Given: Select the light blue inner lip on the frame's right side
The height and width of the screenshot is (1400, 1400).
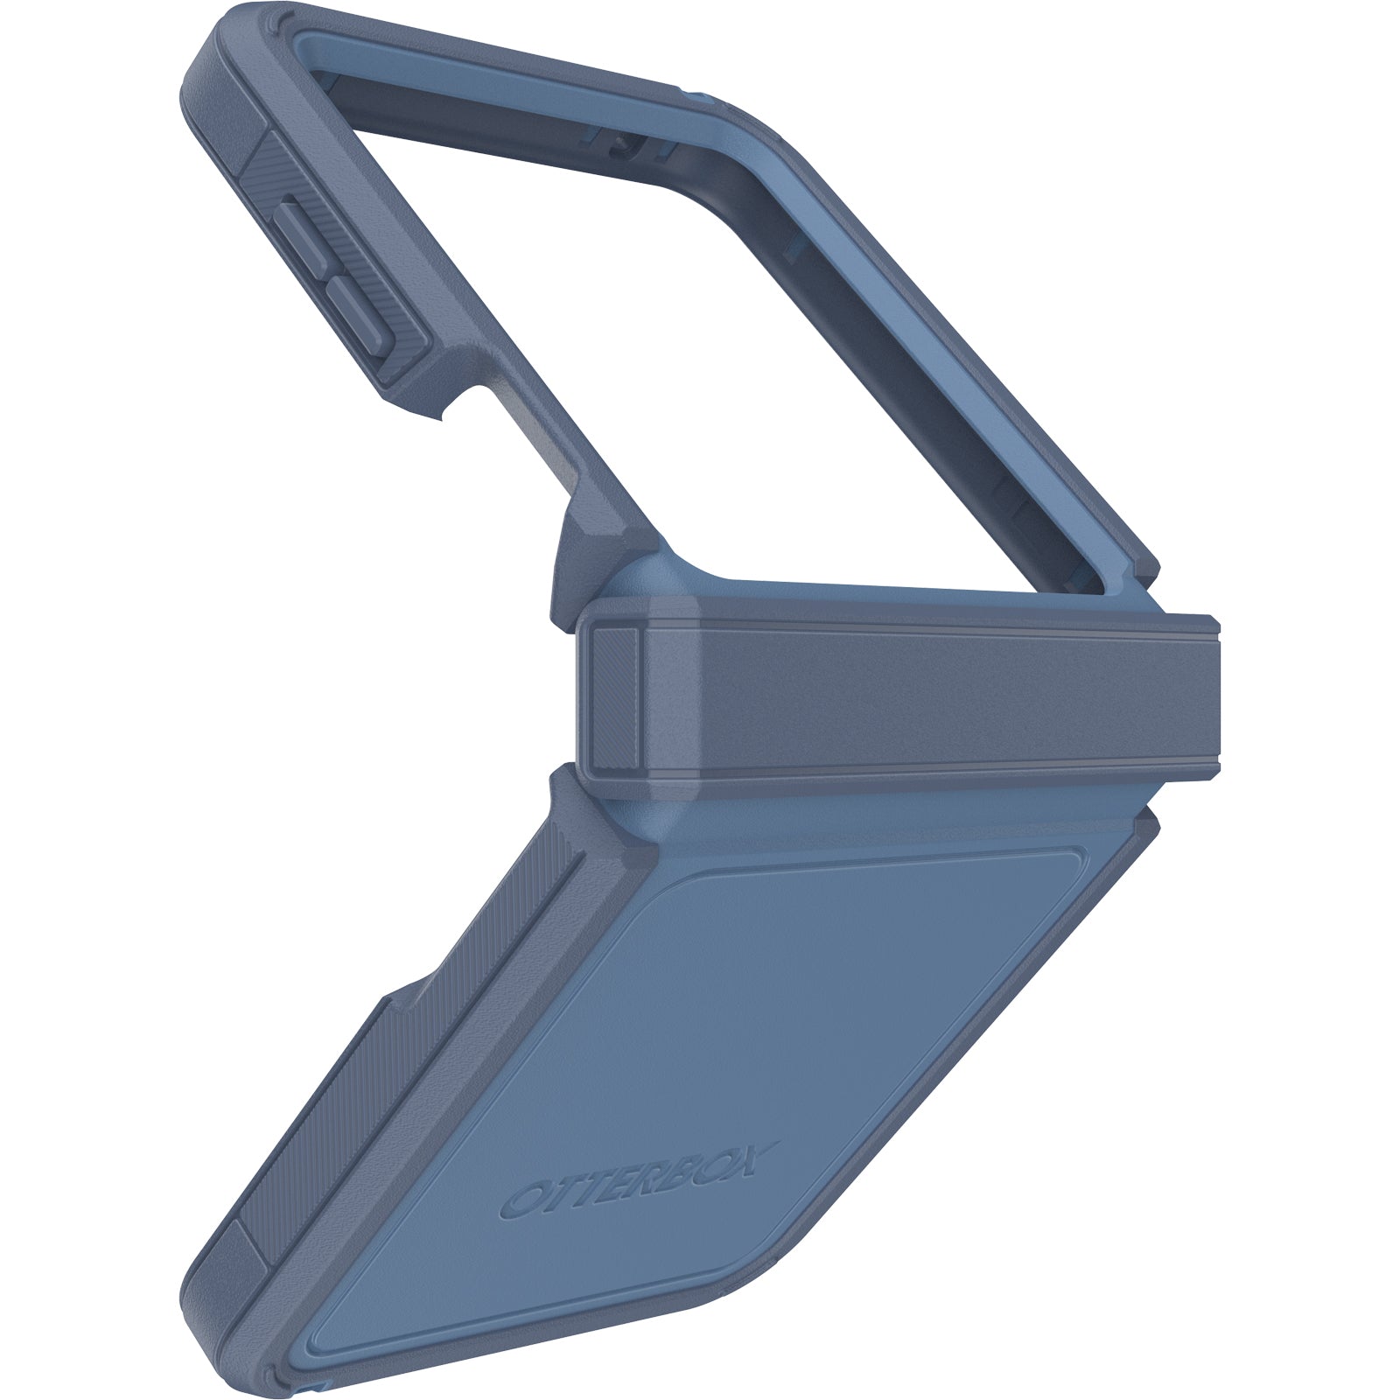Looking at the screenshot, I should (962, 350).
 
